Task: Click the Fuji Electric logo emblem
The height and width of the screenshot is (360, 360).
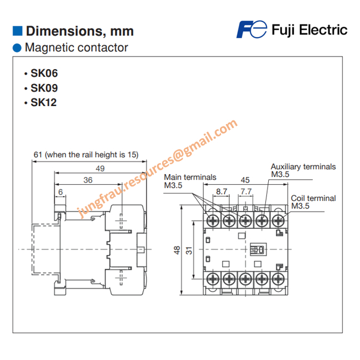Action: point(251,29)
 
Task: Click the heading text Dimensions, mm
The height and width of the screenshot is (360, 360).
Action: point(80,31)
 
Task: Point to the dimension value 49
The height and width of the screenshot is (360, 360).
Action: point(100,169)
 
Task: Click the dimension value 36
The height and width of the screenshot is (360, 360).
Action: point(88,179)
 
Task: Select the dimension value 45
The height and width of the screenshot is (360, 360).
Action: point(245,179)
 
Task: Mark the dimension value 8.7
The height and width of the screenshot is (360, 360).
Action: point(222,191)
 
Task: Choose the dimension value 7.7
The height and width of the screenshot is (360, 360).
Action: point(245,191)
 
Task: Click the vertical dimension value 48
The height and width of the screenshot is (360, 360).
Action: point(177,251)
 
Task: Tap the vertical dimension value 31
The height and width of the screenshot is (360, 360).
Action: point(190,251)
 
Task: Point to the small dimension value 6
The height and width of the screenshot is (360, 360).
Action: point(60,192)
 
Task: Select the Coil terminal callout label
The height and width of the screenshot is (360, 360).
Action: point(313,198)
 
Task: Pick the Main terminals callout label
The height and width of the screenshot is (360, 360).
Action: point(190,177)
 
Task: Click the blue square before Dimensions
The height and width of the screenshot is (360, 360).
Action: point(18,30)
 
